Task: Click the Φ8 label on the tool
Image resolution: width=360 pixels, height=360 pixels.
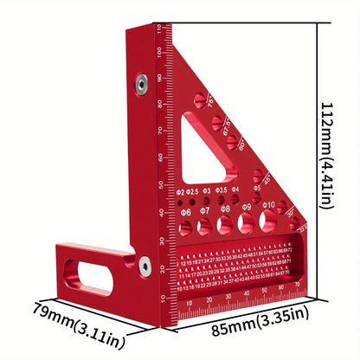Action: [226, 209]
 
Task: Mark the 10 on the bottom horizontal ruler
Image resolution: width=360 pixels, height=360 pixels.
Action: [190, 304]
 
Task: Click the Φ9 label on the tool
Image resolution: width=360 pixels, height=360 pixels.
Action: [247, 208]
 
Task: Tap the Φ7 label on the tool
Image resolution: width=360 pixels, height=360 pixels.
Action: [204, 210]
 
